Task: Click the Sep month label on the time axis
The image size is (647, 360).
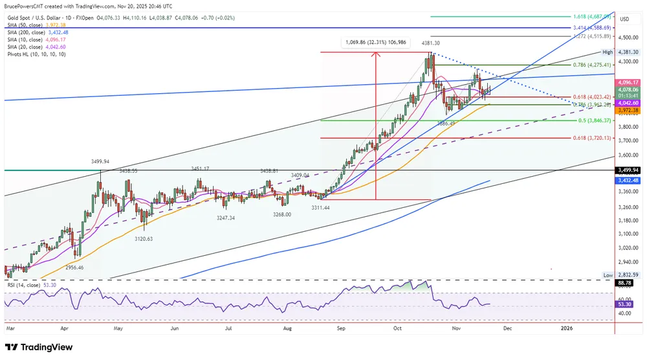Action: click(x=341, y=328)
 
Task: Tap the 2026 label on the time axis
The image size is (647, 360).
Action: click(x=565, y=328)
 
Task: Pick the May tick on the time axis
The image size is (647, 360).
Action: click(x=118, y=328)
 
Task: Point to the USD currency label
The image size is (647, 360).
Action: click(x=624, y=19)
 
